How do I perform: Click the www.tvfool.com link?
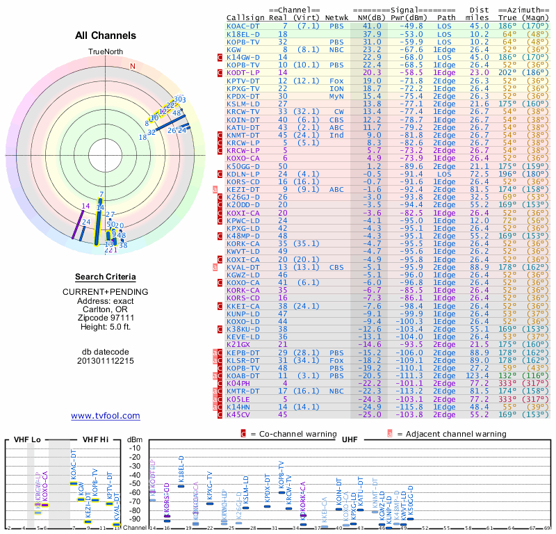coord(106,416)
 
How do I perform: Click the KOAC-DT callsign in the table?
coord(244,25)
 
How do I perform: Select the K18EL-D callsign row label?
coord(243,33)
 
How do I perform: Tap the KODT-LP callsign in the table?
coord(244,72)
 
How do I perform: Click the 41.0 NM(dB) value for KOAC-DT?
coord(372,25)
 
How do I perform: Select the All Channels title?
coord(106,35)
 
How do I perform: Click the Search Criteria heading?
coord(106,277)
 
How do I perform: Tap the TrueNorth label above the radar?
coord(106,52)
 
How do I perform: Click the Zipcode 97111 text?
coord(106,317)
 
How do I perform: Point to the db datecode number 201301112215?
coord(106,361)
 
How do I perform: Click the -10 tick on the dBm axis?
coord(134,448)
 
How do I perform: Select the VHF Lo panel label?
coord(26,440)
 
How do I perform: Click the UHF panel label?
coord(351,440)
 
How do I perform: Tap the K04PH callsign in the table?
coord(238,383)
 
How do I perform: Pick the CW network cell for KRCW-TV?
coord(338,111)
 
